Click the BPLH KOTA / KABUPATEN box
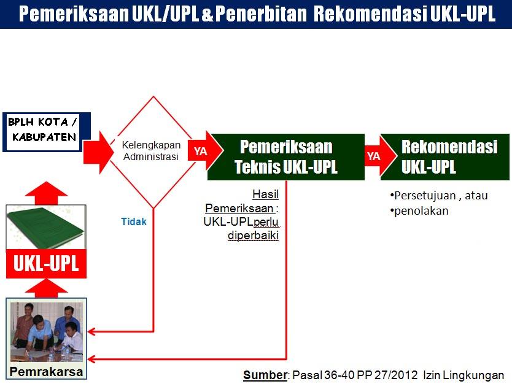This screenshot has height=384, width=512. pos(47,132)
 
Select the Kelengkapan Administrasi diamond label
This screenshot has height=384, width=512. pos(151,151)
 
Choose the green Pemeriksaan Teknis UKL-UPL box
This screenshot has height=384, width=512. pos(286,157)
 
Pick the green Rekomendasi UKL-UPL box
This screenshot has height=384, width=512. pos(444,157)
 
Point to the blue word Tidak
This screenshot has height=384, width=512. pos(134,221)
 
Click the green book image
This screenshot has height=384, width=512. pos(46,227)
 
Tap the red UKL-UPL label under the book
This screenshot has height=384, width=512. pos(46,264)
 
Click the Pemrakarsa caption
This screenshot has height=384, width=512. pos(46,372)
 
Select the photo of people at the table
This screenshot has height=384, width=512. pos(47,332)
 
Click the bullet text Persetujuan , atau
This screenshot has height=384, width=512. pos(439,196)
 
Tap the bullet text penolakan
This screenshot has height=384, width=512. pos(419,211)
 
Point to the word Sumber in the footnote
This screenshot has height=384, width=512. pos(265,375)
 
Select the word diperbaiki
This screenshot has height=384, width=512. pos(254,235)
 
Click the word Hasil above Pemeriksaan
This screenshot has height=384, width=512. pos(265,194)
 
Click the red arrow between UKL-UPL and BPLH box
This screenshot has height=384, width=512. pos(47,193)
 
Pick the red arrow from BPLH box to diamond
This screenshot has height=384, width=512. pos(98,152)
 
